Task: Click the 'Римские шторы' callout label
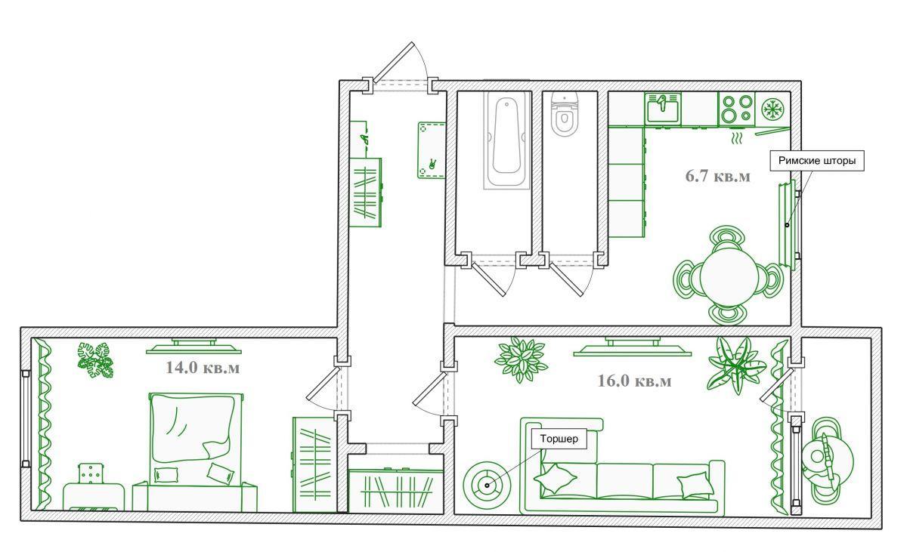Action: click(817, 161)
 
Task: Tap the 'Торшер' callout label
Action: click(559, 439)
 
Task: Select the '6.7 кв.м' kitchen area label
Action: click(717, 176)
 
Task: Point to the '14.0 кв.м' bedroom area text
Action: click(203, 368)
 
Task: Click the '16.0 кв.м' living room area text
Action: click(634, 381)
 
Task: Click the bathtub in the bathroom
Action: click(506, 140)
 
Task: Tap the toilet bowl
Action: click(565, 115)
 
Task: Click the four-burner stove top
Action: click(737, 109)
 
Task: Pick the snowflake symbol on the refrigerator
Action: click(773, 109)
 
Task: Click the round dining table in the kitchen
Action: click(729, 278)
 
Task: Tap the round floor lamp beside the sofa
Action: click(487, 486)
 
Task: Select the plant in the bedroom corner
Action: click(95, 361)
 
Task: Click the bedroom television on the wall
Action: click(193, 346)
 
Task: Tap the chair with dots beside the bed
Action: click(91, 474)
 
